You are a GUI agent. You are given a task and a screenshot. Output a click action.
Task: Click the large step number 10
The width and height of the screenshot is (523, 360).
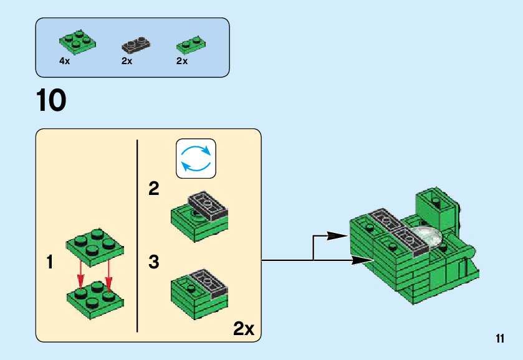[x=51, y=100]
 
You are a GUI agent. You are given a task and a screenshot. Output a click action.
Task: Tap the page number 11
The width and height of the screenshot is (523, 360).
[x=499, y=339]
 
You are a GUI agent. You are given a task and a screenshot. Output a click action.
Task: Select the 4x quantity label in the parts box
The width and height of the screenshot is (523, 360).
[x=64, y=61]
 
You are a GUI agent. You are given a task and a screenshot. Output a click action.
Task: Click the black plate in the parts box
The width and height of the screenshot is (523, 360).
[x=135, y=45]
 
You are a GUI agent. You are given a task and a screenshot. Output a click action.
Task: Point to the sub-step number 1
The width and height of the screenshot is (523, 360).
[x=50, y=262]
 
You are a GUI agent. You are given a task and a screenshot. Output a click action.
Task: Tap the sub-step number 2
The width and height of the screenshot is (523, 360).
[x=153, y=189]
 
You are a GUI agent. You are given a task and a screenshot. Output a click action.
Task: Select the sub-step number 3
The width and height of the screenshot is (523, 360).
[x=154, y=262]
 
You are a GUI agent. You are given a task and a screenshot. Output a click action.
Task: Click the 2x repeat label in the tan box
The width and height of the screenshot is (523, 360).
[x=244, y=329]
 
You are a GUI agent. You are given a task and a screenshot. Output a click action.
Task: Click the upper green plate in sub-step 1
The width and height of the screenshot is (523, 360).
[x=95, y=243]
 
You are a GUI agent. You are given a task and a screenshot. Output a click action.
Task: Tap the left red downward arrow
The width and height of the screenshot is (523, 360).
[x=80, y=275]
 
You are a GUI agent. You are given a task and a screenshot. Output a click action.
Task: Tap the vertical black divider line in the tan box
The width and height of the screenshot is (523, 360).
[x=137, y=237]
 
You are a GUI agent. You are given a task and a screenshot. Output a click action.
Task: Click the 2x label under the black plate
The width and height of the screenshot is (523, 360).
[x=127, y=61]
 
